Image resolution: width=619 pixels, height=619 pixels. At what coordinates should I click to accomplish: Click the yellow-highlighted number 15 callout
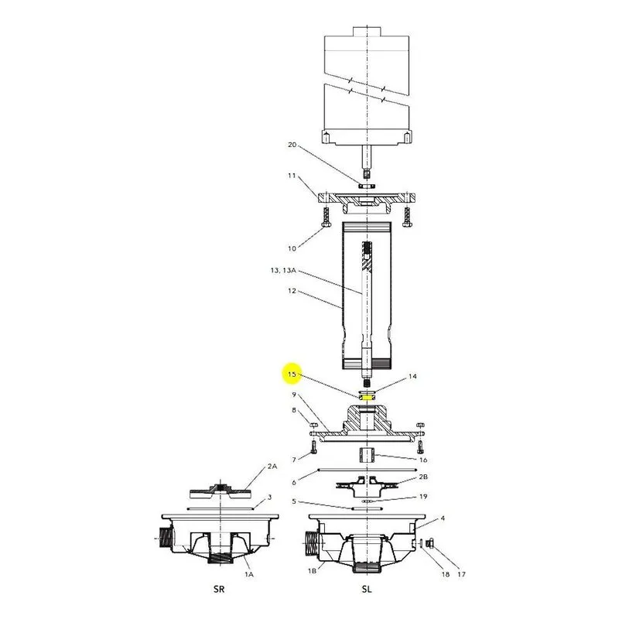click(x=292, y=374)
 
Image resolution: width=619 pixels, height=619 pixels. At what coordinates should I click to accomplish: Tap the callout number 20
click(x=292, y=145)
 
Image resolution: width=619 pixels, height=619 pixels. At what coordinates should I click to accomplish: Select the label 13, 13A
click(x=283, y=270)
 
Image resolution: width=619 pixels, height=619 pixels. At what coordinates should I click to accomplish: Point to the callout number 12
click(x=292, y=291)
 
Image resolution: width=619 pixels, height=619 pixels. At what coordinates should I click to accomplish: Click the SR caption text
click(x=219, y=589)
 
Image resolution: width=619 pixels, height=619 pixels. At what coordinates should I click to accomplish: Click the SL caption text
click(x=367, y=589)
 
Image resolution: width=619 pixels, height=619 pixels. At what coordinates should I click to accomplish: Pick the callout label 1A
click(x=248, y=574)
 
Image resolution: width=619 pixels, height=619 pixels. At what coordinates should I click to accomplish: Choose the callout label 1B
click(x=312, y=571)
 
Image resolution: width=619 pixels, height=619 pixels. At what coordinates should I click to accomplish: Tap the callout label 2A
click(x=272, y=467)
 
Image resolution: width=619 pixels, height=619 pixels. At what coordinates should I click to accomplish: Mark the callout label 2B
click(x=423, y=477)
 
